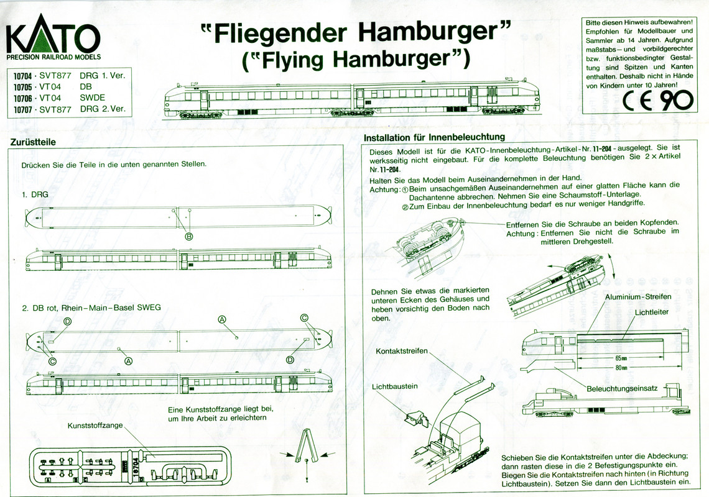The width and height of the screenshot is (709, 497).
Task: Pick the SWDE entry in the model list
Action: point(93,98)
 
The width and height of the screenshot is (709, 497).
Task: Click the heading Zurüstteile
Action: point(34,142)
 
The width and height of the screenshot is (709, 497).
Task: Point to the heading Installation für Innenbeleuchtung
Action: point(433,137)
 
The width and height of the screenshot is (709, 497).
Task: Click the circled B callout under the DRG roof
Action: point(188,236)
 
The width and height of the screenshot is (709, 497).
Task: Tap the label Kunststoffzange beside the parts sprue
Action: point(95,426)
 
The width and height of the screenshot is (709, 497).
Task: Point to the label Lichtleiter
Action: point(652,312)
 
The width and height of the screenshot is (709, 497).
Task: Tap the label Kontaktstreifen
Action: point(402,352)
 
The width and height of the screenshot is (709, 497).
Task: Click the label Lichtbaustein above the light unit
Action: point(395,386)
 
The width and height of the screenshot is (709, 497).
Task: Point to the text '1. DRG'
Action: point(35,194)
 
